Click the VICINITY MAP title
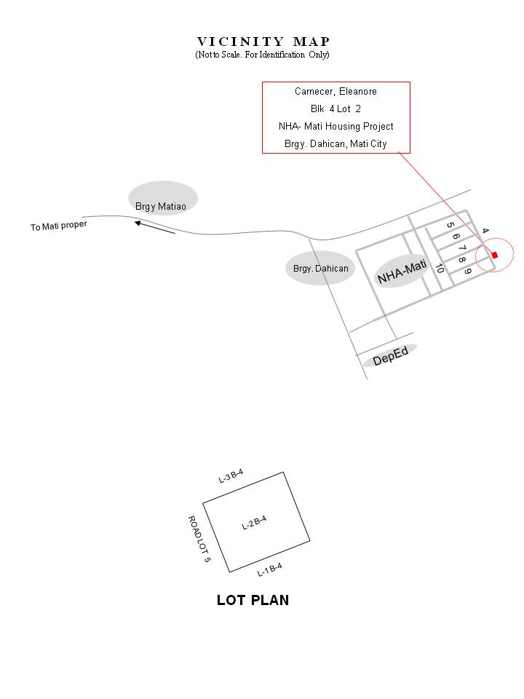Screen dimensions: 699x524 263,42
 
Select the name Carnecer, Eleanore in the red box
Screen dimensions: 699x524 336,92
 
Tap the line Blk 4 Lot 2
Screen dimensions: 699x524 336,108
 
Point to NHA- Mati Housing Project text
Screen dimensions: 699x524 336,126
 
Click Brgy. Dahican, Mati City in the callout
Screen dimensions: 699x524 336,143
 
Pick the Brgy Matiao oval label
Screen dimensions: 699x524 162,206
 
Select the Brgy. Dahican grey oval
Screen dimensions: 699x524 320,269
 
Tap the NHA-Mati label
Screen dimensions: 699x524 401,272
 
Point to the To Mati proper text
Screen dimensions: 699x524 59,226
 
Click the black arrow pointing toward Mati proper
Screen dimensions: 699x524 155,227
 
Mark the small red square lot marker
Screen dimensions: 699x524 495,255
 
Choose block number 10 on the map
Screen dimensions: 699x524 440,268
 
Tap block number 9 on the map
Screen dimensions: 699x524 469,272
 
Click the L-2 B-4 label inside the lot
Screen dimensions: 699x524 254,523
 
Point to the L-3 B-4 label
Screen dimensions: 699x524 231,477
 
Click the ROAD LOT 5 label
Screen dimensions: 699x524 199,539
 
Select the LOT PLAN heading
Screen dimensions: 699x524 253,601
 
